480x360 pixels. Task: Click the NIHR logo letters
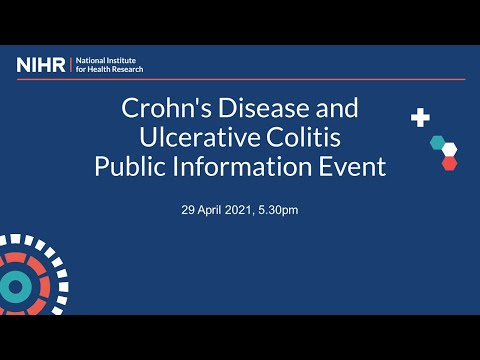click(x=41, y=65)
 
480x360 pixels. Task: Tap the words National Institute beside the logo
click(x=109, y=61)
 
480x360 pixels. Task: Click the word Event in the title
click(x=352, y=167)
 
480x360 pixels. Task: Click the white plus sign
click(x=420, y=118)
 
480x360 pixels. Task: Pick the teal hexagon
click(x=437, y=142)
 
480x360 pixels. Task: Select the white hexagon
click(x=450, y=150)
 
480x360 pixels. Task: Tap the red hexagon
click(x=449, y=162)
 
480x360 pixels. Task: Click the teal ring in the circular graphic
click(x=15, y=287)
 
